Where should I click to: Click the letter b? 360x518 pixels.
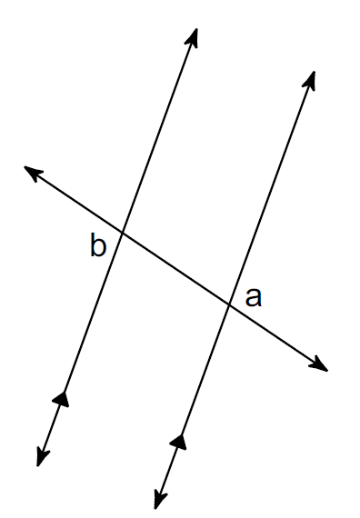click(x=98, y=244)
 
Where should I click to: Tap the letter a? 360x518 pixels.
click(x=254, y=298)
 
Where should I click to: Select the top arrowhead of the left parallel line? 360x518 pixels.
click(x=192, y=37)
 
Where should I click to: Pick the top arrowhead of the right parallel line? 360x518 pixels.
click(x=309, y=80)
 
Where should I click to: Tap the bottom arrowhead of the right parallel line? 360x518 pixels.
click(x=160, y=499)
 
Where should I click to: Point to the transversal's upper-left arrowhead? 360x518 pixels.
click(x=33, y=172)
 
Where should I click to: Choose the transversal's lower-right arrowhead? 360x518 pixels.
click(x=319, y=364)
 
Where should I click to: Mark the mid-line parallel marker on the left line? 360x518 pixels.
click(x=62, y=399)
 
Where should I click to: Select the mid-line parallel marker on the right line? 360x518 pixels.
click(x=179, y=441)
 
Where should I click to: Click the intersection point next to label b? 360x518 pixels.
click(x=123, y=233)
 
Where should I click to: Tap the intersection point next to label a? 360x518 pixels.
click(x=229, y=304)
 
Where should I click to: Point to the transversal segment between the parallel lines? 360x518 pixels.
click(x=175, y=268)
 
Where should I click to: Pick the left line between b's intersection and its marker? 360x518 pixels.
click(x=93, y=313)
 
